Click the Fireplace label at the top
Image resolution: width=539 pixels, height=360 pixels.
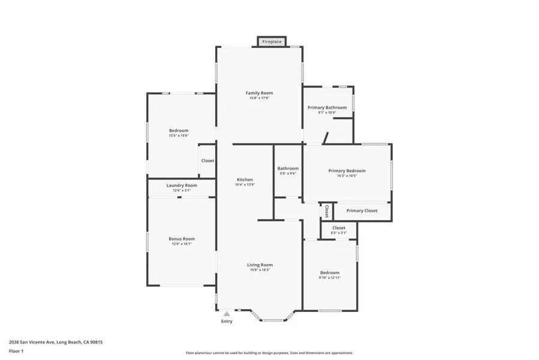272,41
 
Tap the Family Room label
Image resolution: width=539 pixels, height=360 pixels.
259,93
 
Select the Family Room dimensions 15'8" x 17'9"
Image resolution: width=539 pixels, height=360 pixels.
259,98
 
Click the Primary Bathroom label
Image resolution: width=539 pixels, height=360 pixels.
327,107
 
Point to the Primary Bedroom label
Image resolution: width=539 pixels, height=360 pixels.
347,170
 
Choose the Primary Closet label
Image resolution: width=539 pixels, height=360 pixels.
362,211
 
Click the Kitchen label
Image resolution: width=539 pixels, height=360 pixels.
245,179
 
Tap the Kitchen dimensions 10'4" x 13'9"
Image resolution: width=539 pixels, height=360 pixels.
245,185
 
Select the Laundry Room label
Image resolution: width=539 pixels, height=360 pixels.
182,185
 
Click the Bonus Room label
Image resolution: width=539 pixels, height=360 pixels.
182,239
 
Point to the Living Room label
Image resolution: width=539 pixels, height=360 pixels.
260,265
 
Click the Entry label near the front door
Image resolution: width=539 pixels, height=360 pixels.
227,322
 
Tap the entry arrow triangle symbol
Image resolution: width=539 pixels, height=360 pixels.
226,313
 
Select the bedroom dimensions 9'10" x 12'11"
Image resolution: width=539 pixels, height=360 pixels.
329,278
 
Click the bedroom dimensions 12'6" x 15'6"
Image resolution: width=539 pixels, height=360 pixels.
179,136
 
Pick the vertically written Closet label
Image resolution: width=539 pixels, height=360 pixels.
326,211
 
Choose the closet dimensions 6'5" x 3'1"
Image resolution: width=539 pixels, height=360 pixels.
339,233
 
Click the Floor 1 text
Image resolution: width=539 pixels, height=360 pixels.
16,350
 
